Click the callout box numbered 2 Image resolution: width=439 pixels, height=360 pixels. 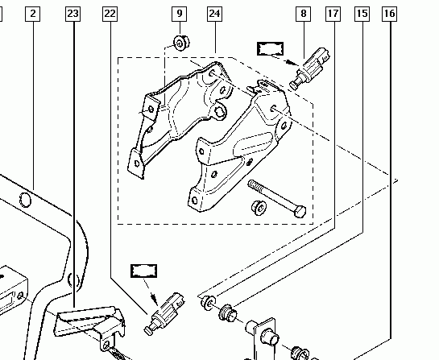click(32, 14)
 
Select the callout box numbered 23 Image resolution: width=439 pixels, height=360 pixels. click(72, 14)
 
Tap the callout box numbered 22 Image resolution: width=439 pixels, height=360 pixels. click(110, 14)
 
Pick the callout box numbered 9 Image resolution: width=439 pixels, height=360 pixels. click(179, 14)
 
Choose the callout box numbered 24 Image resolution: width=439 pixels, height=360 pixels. click(215, 14)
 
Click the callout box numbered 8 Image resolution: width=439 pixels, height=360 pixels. click(304, 14)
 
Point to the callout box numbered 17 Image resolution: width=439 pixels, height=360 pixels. click(333, 14)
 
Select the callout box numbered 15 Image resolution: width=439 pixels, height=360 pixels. click(362, 14)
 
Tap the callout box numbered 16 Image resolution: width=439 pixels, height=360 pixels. click(389, 14)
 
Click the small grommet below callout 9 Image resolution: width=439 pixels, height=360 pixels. click(181, 43)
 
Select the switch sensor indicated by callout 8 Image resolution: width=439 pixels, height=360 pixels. click(309, 68)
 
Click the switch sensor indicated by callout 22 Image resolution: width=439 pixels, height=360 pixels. click(164, 313)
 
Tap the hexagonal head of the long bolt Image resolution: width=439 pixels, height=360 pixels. click(300, 212)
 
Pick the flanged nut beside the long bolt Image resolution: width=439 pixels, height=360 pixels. click(259, 208)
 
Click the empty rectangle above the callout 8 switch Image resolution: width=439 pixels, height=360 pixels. click(270, 49)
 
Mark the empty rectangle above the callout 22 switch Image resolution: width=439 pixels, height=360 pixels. click(144, 271)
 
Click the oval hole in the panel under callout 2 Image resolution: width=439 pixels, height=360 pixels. click(25, 200)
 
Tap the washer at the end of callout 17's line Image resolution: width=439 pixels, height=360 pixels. click(209, 303)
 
